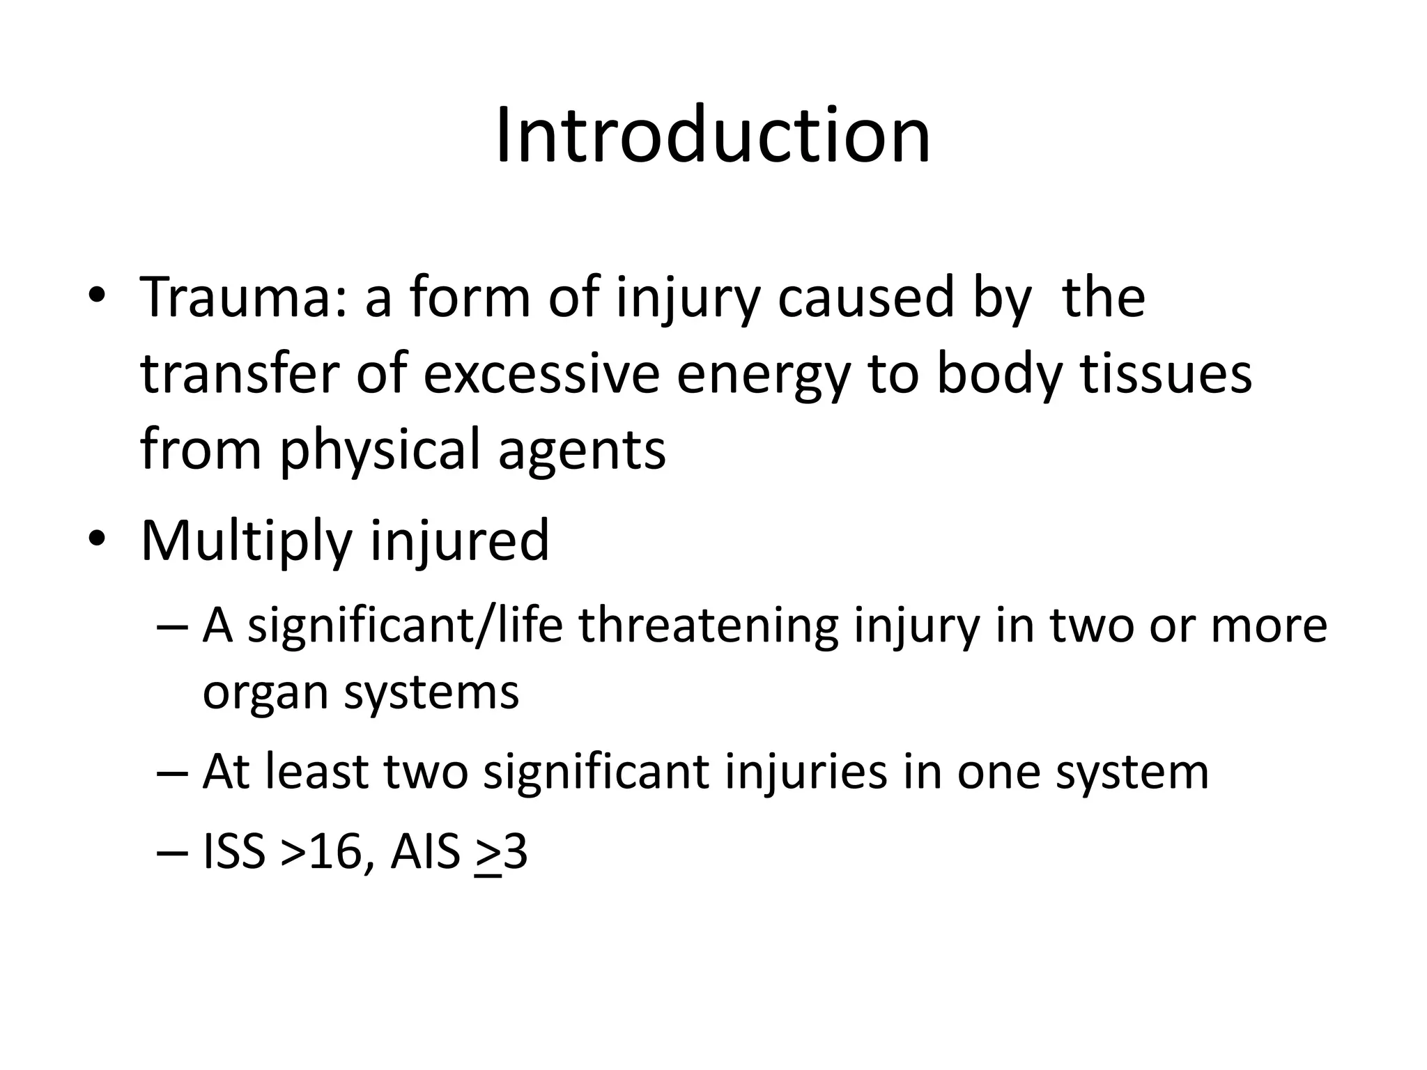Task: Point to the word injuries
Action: (805, 773)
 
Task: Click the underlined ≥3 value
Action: (501, 853)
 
